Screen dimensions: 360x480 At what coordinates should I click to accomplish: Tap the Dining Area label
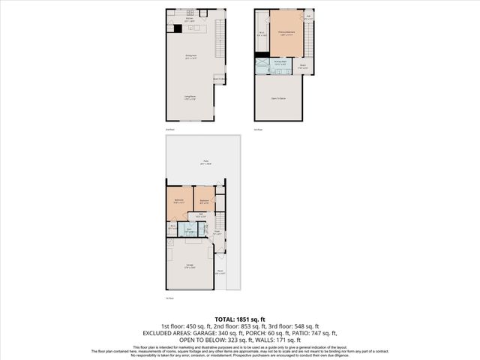point(189,57)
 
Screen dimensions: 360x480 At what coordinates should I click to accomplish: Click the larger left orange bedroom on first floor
point(178,202)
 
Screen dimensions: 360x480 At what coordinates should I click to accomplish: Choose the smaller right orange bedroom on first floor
point(204,202)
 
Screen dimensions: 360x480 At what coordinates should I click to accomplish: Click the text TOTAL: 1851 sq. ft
point(239,319)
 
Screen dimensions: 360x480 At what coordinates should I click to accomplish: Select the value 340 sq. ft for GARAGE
point(207,333)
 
